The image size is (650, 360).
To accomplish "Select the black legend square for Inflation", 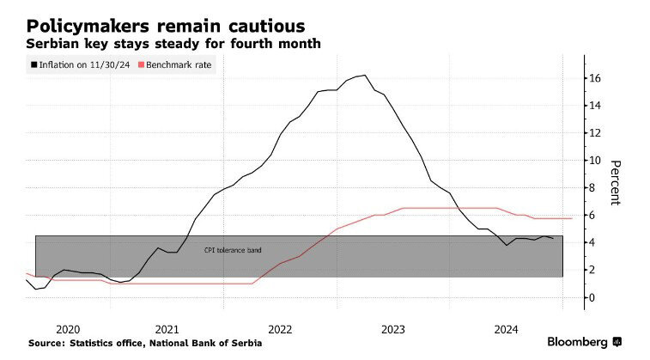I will (34, 64).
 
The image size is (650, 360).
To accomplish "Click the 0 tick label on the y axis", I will (591, 297).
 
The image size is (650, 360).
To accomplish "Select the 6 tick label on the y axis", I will (591, 216).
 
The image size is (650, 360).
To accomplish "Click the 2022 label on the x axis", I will (281, 328).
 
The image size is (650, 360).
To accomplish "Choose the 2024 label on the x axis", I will (507, 328).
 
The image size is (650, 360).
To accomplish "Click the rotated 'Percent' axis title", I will (616, 182).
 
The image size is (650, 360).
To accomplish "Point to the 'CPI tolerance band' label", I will (232, 250).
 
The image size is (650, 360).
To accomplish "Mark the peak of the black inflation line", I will (365, 75).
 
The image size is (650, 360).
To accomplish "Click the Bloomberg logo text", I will (578, 342).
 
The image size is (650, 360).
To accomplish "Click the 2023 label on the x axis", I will (393, 328).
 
